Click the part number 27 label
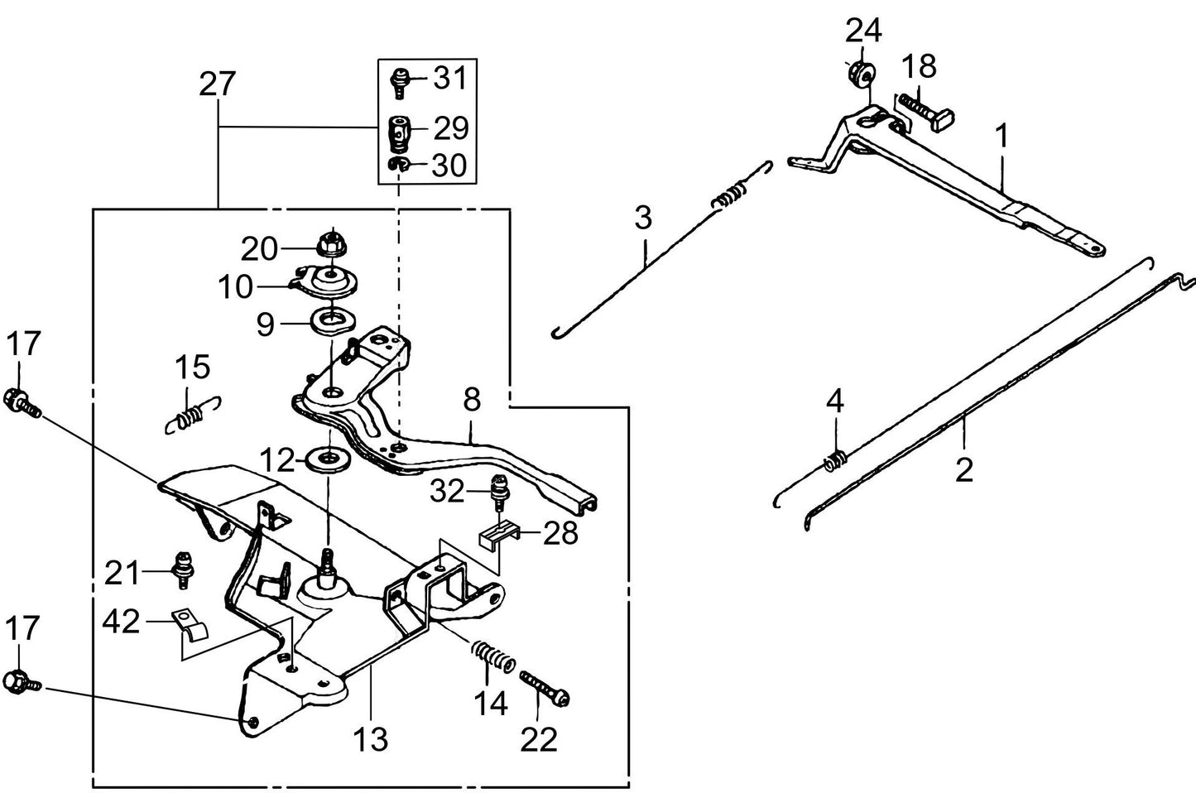218,85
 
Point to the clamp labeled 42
190,627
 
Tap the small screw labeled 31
399,81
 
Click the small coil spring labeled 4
836,458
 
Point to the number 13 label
370,738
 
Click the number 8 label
471,401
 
